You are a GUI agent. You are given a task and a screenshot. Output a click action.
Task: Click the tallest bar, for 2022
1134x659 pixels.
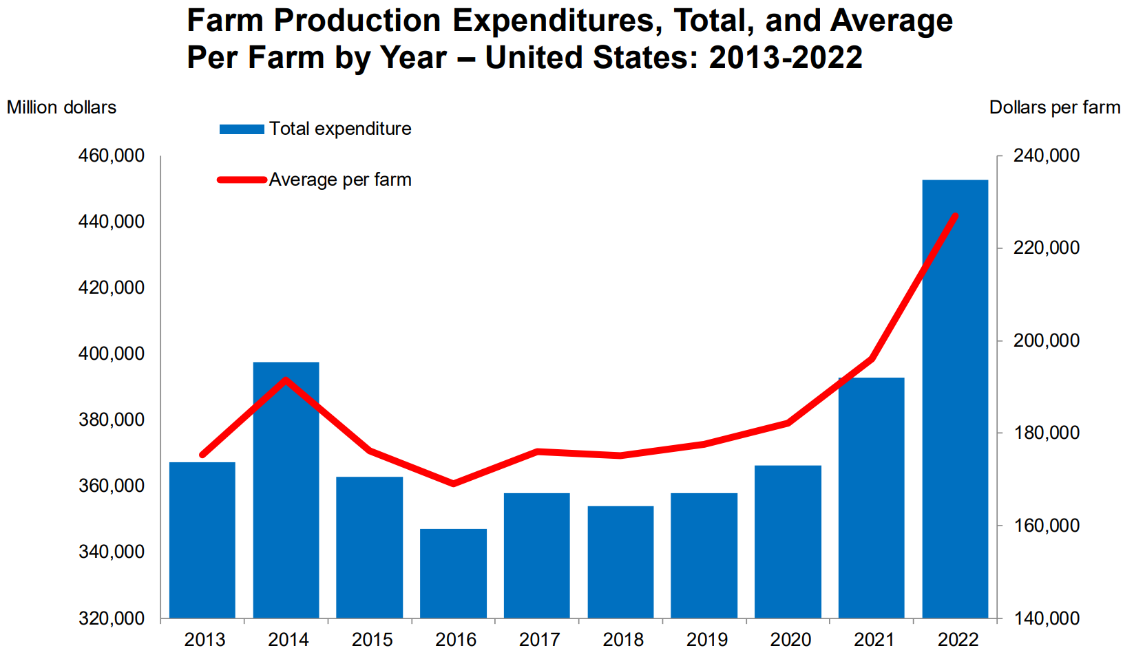tap(955, 399)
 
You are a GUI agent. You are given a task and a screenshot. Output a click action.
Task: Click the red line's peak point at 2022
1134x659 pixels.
tap(955, 216)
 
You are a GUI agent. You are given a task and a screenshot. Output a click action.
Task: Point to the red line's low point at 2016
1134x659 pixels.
tap(453, 484)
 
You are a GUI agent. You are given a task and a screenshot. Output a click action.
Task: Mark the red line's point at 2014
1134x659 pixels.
tap(286, 380)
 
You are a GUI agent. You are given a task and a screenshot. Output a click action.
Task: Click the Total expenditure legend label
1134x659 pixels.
tap(340, 129)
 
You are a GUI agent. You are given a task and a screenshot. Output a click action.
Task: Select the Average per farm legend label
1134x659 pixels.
tap(340, 180)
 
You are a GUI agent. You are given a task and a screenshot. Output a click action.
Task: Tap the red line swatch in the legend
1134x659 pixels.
tap(242, 180)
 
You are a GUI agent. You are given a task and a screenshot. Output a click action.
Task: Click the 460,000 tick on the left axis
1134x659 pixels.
tap(112, 155)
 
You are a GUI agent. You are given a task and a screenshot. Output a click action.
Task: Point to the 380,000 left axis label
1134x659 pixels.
tap(112, 420)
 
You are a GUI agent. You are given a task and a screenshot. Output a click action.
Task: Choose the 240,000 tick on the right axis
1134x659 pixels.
tap(1047, 155)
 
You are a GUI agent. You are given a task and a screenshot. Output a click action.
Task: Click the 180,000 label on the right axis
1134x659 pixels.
tap(1047, 433)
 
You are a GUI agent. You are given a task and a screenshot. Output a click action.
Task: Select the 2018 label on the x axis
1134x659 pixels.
tap(623, 640)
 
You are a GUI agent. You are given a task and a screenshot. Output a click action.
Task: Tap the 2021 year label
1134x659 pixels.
tap(874, 640)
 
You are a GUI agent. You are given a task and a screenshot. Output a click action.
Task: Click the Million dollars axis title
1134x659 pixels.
tap(61, 107)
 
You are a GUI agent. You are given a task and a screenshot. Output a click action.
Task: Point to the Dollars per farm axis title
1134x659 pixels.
tap(1054, 107)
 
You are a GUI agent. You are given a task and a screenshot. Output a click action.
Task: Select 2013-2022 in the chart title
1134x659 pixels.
tap(786, 57)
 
